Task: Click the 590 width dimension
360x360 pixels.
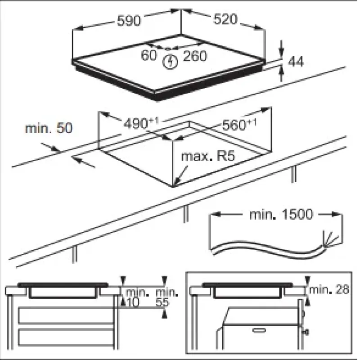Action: click(x=129, y=20)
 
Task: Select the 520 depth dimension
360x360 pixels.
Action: click(x=225, y=19)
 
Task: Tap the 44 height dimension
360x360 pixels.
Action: click(x=296, y=62)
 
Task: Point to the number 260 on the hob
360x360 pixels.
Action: click(x=195, y=56)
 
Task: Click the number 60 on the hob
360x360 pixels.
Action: click(x=149, y=55)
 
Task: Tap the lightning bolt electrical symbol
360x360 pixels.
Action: click(x=170, y=62)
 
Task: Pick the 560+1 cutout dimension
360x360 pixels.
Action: click(x=239, y=125)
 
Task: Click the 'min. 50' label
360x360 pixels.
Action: click(x=49, y=128)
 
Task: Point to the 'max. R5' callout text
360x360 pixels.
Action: click(x=208, y=156)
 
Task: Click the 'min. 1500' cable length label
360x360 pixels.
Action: click(x=281, y=214)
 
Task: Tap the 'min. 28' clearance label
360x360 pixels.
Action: click(x=329, y=289)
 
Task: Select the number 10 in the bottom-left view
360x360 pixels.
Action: click(x=133, y=302)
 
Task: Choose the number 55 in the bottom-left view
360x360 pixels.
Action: click(x=162, y=302)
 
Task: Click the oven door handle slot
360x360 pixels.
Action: click(x=259, y=330)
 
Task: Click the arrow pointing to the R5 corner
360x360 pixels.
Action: click(x=180, y=176)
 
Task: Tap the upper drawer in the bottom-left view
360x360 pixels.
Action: click(x=66, y=315)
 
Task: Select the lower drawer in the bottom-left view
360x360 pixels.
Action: click(x=66, y=337)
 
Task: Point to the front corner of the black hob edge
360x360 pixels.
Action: click(x=157, y=99)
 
